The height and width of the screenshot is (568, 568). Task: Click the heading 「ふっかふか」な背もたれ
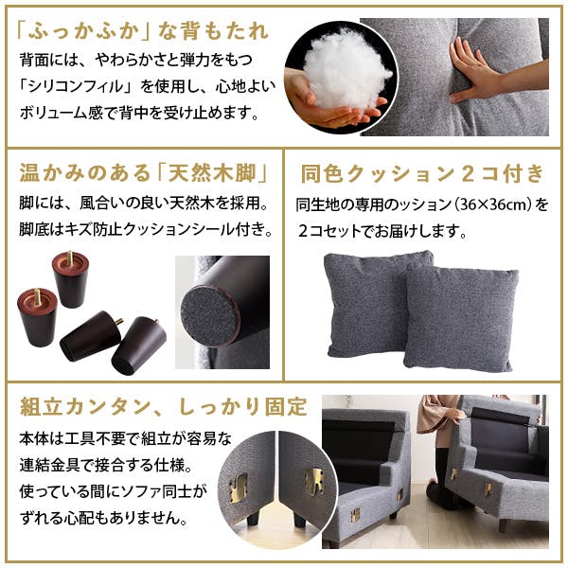click(143, 31)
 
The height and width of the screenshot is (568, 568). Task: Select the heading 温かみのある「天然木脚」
click(141, 174)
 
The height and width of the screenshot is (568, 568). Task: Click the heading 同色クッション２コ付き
click(422, 174)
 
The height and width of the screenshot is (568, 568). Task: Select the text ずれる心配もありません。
click(103, 519)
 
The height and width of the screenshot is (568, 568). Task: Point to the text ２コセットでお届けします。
click(382, 230)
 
